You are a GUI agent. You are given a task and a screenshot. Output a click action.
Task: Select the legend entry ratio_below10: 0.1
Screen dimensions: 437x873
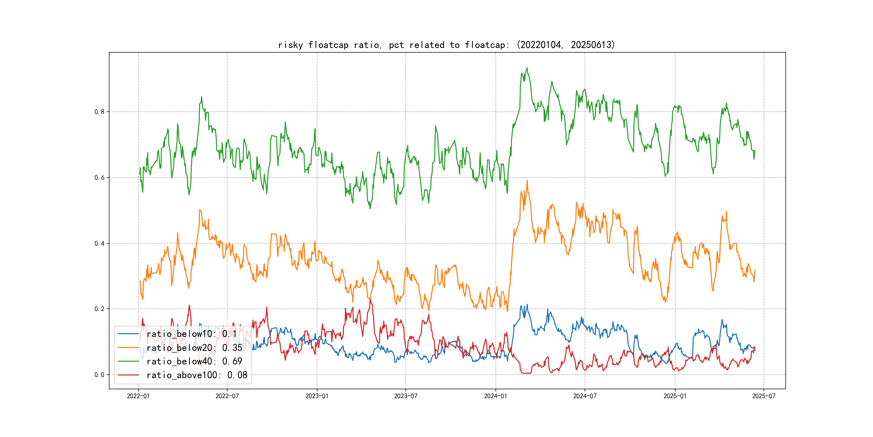click(192, 334)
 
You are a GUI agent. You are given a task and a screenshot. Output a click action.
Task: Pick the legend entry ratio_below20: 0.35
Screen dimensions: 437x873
click(194, 348)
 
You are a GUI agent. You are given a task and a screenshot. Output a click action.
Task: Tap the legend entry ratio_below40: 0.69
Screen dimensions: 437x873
click(194, 361)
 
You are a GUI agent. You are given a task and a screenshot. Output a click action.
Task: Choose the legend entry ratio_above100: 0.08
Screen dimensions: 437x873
click(197, 375)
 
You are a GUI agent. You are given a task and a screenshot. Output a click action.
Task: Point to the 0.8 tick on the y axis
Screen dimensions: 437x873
click(99, 112)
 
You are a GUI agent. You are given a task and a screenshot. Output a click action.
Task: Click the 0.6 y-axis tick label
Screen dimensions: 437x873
click(99, 177)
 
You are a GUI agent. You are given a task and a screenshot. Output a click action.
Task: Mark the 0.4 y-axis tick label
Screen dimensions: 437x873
click(99, 243)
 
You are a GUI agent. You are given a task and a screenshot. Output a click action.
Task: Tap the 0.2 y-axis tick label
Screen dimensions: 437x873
click(99, 309)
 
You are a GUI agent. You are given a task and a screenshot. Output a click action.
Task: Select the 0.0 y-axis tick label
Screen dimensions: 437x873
click(99, 375)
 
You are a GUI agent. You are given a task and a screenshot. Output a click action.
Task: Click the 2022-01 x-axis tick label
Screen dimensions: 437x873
click(138, 396)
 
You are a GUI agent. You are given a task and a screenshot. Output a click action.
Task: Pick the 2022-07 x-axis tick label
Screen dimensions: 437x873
click(227, 396)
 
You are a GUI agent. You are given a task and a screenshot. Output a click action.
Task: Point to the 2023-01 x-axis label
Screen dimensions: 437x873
click(317, 396)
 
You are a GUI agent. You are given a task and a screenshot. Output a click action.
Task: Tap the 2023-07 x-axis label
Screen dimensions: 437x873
click(406, 396)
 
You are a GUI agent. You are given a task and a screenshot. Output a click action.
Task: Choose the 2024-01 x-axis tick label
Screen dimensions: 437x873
click(496, 396)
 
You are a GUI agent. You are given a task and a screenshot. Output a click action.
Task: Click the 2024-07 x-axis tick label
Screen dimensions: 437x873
click(585, 396)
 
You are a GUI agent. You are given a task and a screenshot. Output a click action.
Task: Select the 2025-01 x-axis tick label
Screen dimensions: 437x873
click(675, 396)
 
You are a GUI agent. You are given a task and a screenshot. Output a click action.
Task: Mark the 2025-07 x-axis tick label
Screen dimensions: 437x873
click(764, 396)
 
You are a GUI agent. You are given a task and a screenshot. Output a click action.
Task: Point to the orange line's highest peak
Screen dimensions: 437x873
click(527, 180)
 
